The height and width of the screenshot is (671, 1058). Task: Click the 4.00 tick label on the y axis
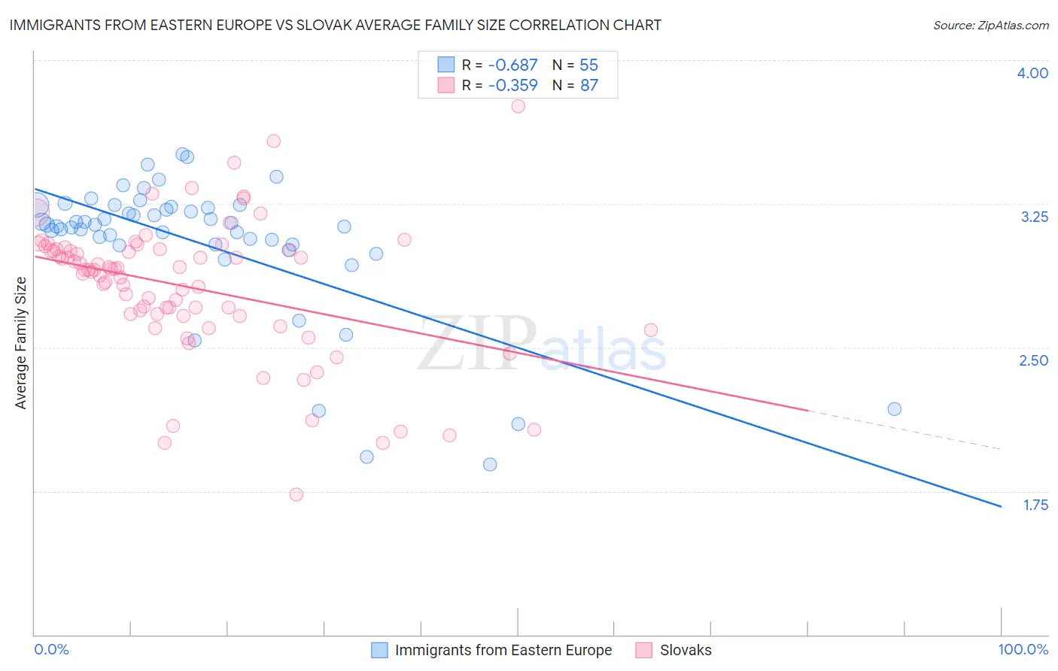coord(1032,73)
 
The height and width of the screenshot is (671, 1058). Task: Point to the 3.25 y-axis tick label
coord(1034,217)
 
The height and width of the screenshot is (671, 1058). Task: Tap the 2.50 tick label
coord(1033,360)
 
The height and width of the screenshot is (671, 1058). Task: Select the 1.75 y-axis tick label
coord(1035,505)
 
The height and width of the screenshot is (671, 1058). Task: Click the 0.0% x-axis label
coord(52,650)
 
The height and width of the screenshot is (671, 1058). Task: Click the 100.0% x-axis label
coord(1023,650)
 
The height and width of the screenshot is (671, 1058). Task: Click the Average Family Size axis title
coord(21,343)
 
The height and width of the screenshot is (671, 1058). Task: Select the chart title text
coord(336,25)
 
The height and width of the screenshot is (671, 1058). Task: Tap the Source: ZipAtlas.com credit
coord(990,26)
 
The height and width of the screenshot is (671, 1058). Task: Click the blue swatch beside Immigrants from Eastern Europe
coord(379,650)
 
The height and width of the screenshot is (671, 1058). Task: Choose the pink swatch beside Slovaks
coord(643,650)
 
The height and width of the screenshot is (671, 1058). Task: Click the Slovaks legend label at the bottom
coord(686,650)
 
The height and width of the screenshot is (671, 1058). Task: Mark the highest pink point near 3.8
coord(518,106)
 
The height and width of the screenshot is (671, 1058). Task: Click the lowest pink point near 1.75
coord(296,494)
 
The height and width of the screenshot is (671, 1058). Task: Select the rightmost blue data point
coord(894,409)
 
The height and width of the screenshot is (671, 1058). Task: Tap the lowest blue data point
coord(490,464)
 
